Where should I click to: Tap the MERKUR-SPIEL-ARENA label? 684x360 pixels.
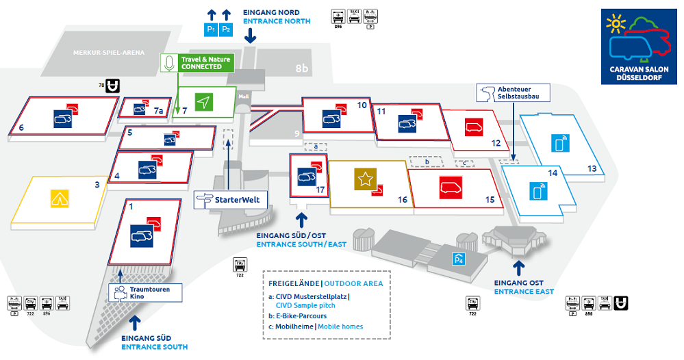tap(109, 53)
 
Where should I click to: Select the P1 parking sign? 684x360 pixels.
tap(211, 30)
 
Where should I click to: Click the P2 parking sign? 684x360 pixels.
tap(227, 30)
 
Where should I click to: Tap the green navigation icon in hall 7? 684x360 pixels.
tap(203, 102)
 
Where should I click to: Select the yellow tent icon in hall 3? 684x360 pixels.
tap(60, 198)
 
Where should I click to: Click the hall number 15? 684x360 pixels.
tap(490, 200)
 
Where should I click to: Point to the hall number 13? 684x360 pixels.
tap(592, 168)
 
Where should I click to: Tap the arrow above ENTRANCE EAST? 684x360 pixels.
tap(519, 267)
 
